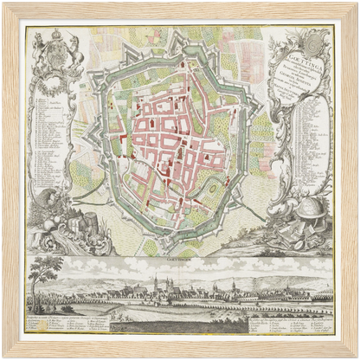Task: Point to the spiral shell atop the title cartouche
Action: (x=318, y=40)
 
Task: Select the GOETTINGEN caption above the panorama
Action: (x=179, y=258)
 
